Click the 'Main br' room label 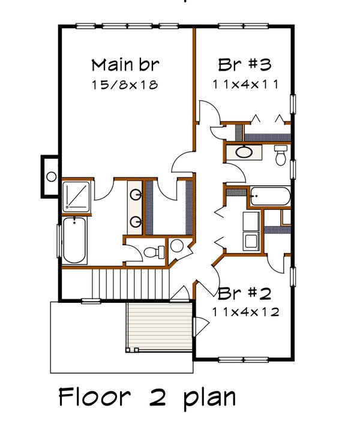coord(125,65)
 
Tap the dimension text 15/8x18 coord(125,85)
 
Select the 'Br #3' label coord(245,65)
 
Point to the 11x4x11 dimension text coord(245,84)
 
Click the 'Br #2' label coord(245,293)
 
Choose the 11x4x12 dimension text coord(245,312)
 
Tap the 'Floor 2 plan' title coord(147,397)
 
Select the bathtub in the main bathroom coord(74,240)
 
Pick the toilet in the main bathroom coord(154,252)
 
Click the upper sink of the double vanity coord(136,194)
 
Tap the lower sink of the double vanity coord(136,221)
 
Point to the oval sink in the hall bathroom coord(244,152)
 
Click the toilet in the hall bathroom coord(280,155)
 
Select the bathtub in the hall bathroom coord(270,196)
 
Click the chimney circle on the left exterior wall coord(52,176)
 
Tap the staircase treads coord(130,284)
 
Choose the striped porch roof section coord(160,327)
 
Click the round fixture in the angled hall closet coord(176,245)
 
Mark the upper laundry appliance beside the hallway coord(251,221)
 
